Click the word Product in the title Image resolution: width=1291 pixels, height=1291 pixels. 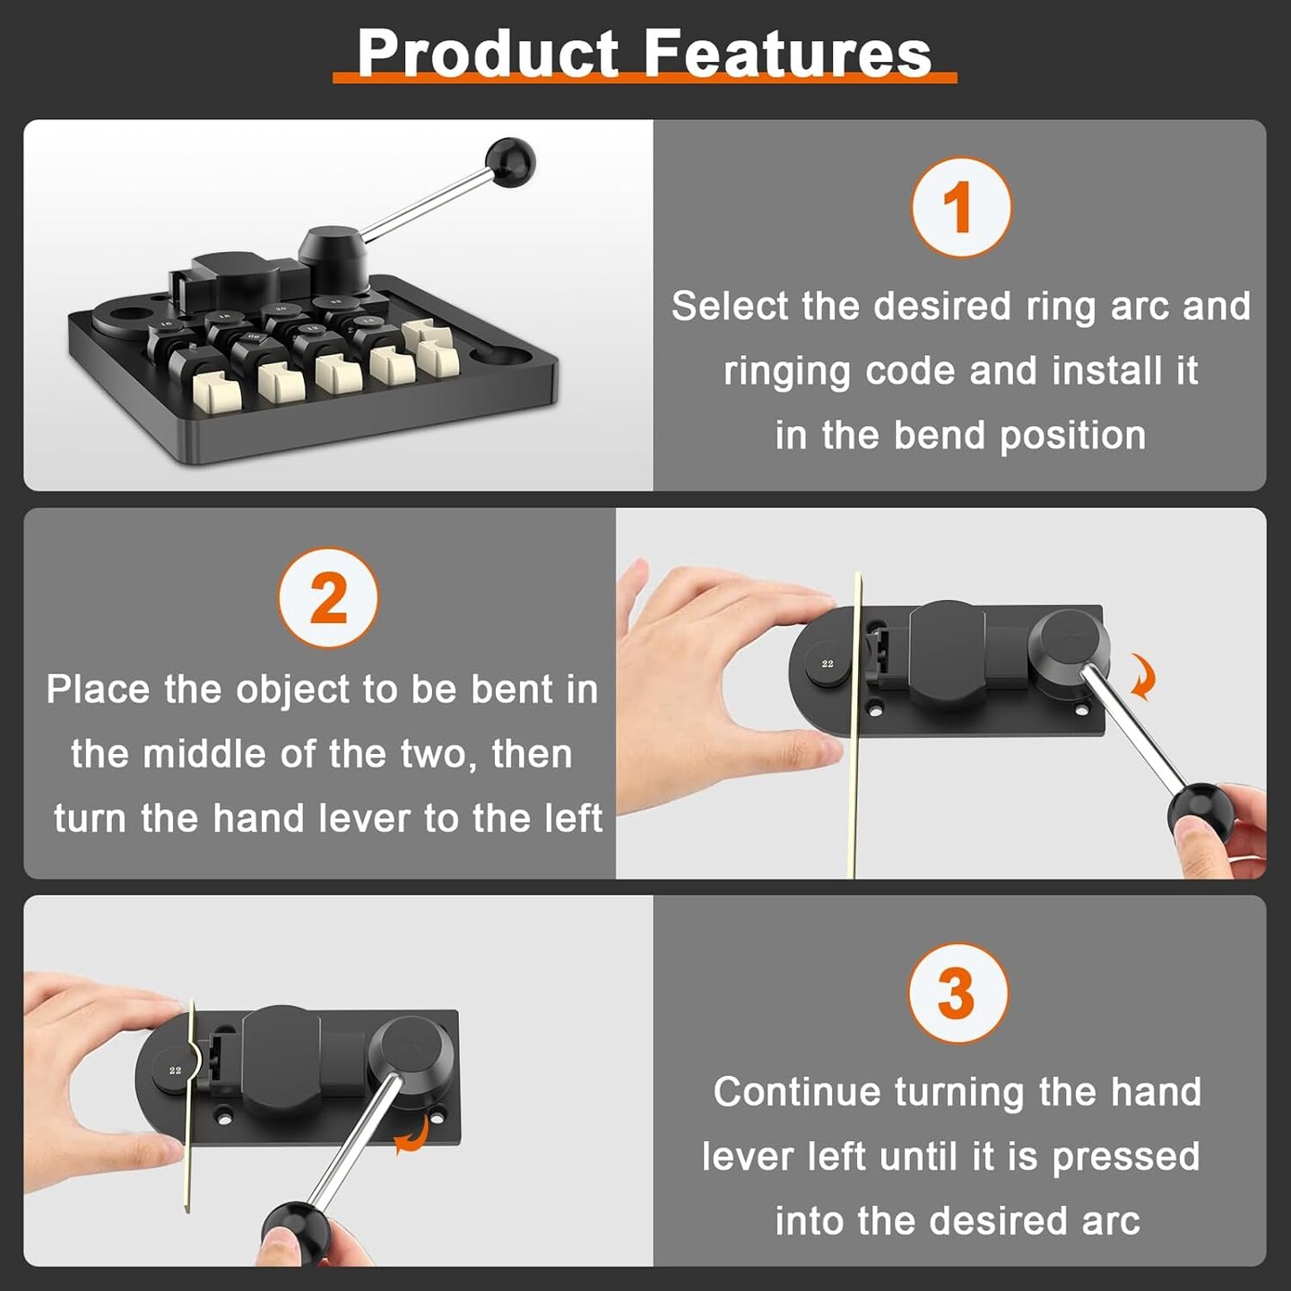click(488, 54)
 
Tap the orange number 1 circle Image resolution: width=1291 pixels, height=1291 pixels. click(960, 207)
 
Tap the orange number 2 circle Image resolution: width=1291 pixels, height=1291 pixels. click(328, 598)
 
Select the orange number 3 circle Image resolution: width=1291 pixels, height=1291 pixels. click(957, 992)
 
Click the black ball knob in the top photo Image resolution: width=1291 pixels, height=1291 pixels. click(509, 162)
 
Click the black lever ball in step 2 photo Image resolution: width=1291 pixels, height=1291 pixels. click(1199, 811)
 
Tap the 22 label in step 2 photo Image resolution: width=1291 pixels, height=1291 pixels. click(827, 663)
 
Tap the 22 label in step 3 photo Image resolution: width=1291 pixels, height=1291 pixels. click(175, 1070)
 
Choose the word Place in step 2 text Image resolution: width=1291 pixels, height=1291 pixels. click(98, 690)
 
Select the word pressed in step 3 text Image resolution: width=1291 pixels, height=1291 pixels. click(1125, 1157)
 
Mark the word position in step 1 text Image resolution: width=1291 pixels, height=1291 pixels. click(1072, 436)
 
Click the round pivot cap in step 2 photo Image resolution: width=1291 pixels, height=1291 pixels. click(1069, 642)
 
